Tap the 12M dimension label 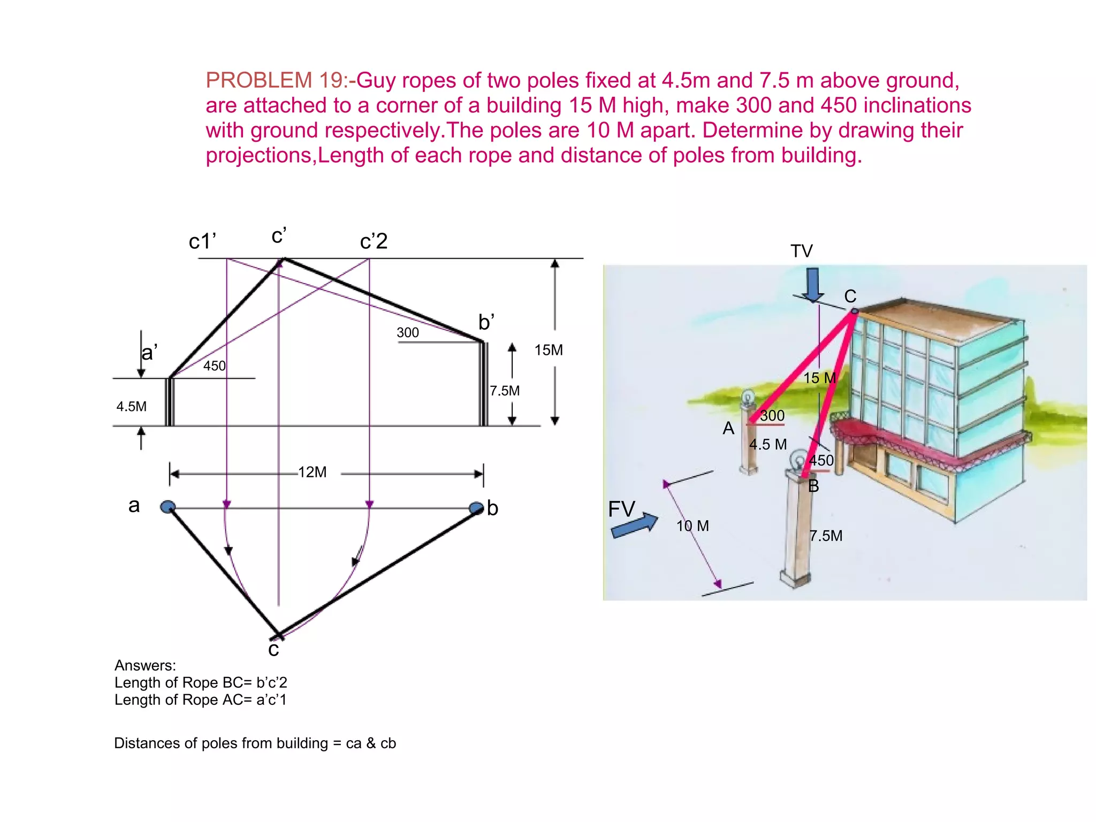(312, 472)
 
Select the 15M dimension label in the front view (549, 350)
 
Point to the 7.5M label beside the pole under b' (505, 391)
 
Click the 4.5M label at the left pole (131, 407)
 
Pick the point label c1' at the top (202, 241)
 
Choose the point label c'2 (374, 241)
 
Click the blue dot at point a (168, 506)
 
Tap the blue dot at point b (476, 507)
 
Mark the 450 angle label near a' (215, 366)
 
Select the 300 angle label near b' (407, 333)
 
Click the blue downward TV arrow (813, 284)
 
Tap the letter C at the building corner (850, 296)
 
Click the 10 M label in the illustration (692, 526)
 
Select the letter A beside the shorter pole (728, 428)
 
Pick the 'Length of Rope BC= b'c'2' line (201, 682)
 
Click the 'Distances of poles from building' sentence (255, 743)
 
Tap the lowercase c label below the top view (273, 649)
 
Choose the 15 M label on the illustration (819, 378)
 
